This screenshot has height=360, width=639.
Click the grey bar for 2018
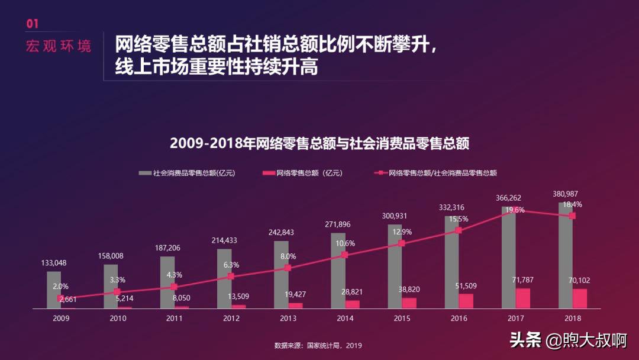(x=565, y=255)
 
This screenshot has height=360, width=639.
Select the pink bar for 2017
(x=523, y=298)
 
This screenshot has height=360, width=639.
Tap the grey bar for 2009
(x=54, y=290)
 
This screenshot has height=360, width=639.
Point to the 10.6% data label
(x=344, y=243)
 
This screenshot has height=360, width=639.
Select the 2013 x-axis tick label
(x=288, y=318)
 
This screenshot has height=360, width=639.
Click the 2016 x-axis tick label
(x=459, y=318)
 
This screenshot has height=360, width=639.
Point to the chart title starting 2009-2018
(x=319, y=143)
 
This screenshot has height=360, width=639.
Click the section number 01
(x=32, y=24)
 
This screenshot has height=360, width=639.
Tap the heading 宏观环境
(x=59, y=46)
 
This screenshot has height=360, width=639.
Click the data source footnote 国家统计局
(x=318, y=345)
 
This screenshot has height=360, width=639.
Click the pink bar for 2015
(x=409, y=303)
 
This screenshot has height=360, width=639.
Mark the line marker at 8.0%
(x=288, y=268)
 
